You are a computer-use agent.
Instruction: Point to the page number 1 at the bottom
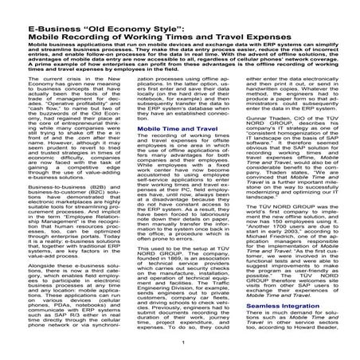(182, 342)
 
